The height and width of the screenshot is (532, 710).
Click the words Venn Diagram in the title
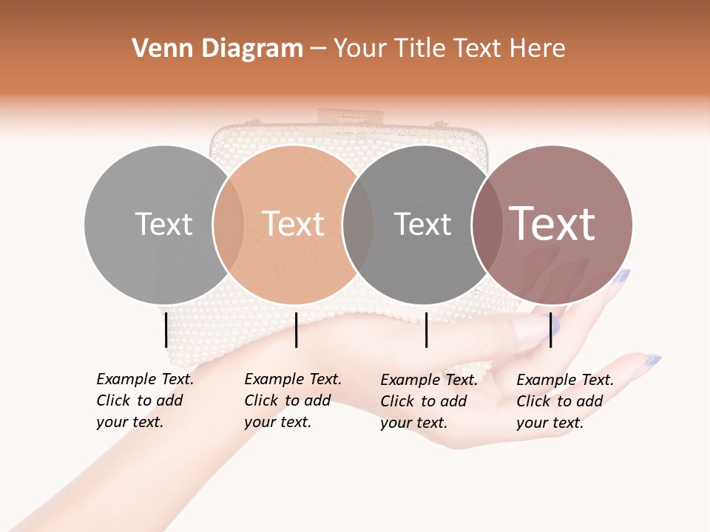[217, 49]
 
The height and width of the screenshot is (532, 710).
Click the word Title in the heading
[421, 49]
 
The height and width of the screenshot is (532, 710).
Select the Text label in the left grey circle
[163, 224]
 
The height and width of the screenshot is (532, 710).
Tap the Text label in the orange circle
[293, 224]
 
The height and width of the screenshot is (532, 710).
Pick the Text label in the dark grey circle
[422, 224]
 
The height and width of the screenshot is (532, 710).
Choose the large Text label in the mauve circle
[552, 224]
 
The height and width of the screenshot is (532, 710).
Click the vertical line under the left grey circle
[166, 330]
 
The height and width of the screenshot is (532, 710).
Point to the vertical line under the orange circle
[296, 330]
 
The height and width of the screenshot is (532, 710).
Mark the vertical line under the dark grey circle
[427, 330]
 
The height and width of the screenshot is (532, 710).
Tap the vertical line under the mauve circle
[550, 330]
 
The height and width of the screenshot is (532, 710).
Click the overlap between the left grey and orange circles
[229, 224]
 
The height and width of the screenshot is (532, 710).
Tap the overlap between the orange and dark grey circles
[358, 224]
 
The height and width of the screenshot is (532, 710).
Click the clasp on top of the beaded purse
[351, 116]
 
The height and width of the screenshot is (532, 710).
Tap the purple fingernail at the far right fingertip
[652, 360]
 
